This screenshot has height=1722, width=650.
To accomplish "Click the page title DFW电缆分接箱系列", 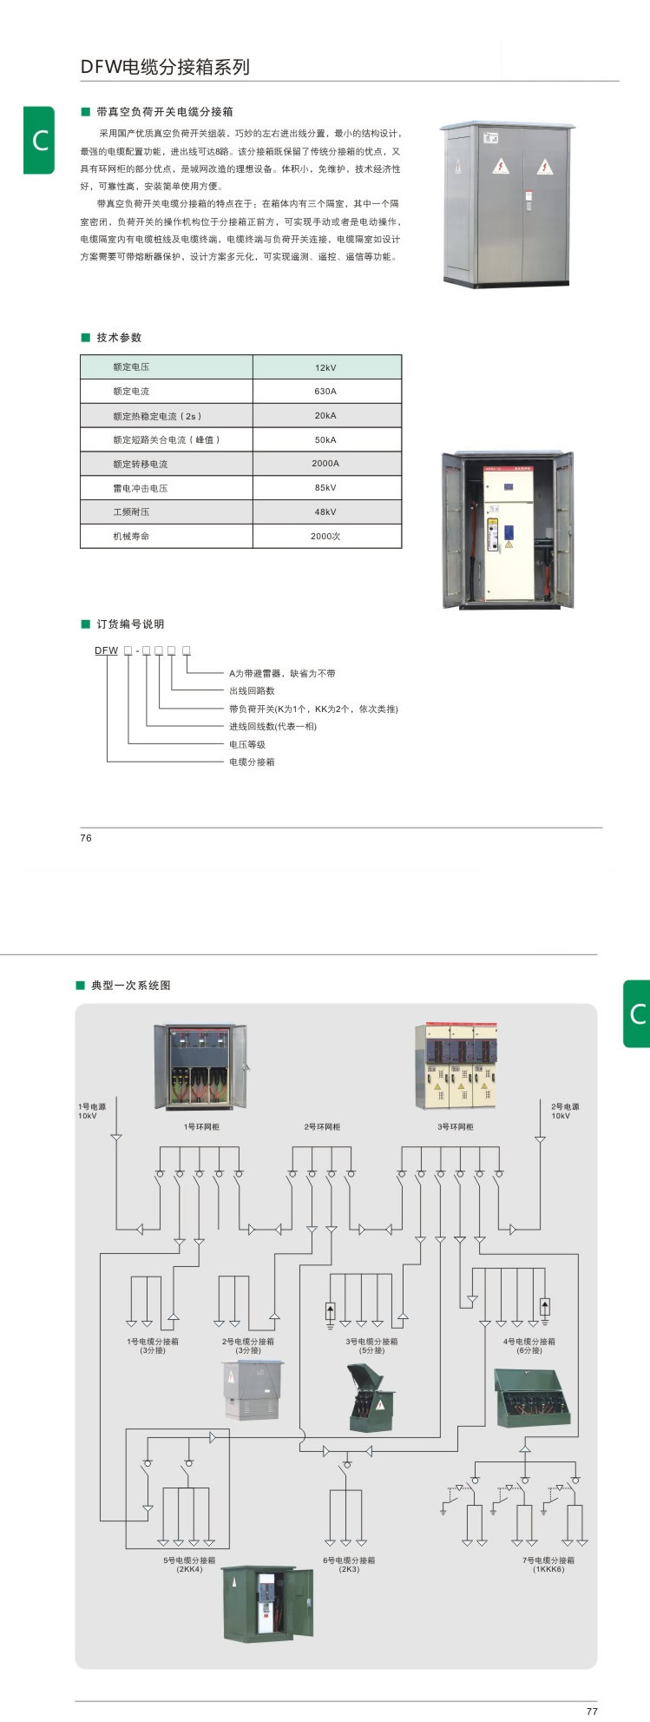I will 165,67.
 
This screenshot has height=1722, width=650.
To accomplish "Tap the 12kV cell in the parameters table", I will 325,367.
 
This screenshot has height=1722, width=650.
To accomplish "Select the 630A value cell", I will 325,392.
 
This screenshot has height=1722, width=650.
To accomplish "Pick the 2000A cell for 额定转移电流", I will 325,464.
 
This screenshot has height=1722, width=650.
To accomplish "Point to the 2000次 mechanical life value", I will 325,537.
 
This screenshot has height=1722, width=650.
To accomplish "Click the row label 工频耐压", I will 131,512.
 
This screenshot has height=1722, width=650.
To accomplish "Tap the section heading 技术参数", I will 119,338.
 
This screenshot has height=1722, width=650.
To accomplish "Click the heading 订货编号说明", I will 130,624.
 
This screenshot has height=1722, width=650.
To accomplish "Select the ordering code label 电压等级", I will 247,744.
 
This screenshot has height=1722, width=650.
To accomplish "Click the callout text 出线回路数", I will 252,691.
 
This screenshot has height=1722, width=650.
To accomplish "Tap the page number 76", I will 86,838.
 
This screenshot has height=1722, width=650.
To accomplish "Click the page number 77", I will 592,1712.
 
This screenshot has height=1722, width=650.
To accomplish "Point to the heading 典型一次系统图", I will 131,986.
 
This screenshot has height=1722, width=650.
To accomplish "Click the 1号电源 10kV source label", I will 92,1111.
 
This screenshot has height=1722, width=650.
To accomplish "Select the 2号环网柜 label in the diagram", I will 322,1127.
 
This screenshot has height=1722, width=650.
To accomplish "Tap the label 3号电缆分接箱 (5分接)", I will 371,1345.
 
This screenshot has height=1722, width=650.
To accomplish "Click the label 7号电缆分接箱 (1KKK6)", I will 548,1565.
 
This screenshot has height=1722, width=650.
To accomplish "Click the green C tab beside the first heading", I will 39,140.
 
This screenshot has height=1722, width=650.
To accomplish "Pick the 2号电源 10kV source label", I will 565,1111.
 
